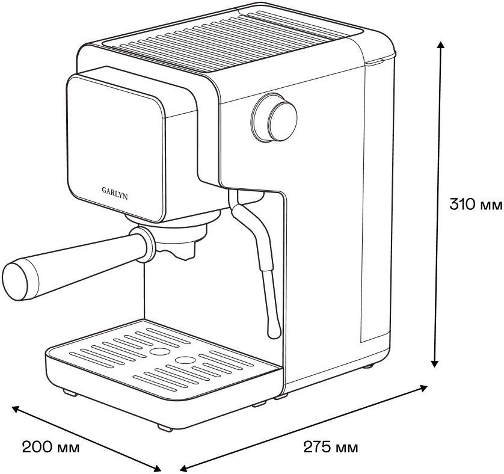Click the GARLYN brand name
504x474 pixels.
coord(115,192)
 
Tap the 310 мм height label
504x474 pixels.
coord(476,204)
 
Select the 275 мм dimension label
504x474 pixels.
coord(331,447)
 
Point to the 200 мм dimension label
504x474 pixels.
coord(51,447)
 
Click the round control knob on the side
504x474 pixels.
coord(275,118)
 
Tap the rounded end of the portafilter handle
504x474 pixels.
coord(15,282)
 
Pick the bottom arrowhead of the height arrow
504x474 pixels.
coord(435,363)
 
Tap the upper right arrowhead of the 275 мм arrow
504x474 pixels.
coord(423,388)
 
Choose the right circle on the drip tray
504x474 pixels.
coord(185,360)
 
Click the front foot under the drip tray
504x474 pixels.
coord(165,428)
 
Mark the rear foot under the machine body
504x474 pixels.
coord(368,366)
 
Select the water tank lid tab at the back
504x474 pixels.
coord(375,62)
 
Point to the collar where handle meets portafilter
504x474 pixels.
coord(144,244)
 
